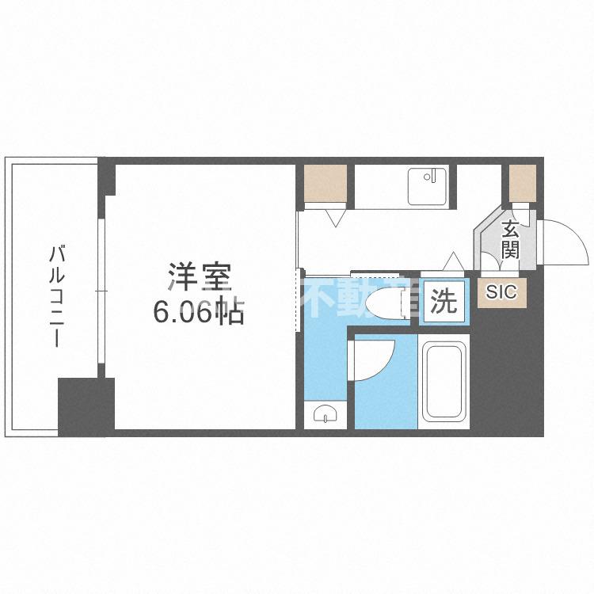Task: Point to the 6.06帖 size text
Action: click(x=198, y=314)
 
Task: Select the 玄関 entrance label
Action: click(x=509, y=242)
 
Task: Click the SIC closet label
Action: click(x=501, y=291)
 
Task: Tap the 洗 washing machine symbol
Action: click(x=444, y=303)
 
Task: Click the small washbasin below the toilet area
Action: click(x=325, y=413)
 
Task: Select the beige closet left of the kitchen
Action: click(x=326, y=184)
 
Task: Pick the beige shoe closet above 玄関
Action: click(x=523, y=183)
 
